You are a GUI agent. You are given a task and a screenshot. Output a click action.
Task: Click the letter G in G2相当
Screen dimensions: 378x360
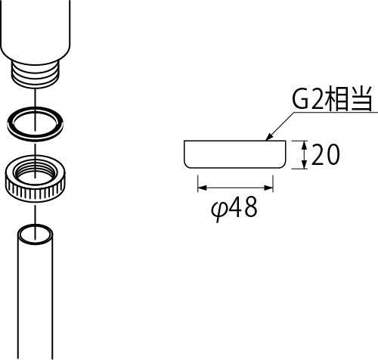point(300,98)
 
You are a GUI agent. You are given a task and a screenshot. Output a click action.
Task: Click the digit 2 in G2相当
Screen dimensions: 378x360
point(318,98)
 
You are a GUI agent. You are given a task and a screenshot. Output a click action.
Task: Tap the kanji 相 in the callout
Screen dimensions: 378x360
point(336,98)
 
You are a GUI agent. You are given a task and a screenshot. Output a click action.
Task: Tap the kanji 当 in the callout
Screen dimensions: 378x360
point(361,98)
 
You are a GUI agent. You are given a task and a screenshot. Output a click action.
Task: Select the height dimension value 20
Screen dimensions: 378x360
point(325,154)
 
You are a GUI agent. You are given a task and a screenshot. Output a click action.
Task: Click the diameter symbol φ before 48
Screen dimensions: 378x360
point(218,209)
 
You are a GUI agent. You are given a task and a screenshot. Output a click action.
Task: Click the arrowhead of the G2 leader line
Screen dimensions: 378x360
point(268,137)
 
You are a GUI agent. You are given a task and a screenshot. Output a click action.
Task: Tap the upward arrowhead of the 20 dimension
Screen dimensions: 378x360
point(305,144)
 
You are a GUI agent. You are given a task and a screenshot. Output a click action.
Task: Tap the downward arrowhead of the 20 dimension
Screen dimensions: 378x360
point(305,164)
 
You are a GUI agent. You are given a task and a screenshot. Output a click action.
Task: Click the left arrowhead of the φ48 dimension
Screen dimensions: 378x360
point(202,188)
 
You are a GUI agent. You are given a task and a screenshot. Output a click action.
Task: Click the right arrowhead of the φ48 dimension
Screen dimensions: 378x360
point(268,188)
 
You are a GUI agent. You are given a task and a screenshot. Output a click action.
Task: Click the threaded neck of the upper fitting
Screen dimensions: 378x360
point(36,74)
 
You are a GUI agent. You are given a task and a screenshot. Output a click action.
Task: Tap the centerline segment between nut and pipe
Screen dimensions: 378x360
point(36,214)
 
